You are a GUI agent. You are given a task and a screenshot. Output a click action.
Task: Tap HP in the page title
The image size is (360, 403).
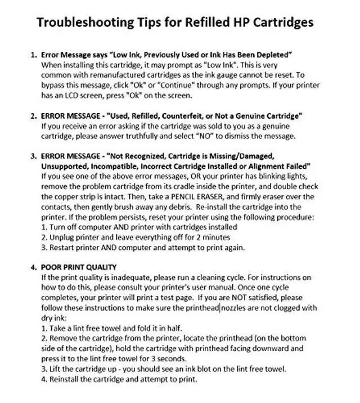pos(244,23)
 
